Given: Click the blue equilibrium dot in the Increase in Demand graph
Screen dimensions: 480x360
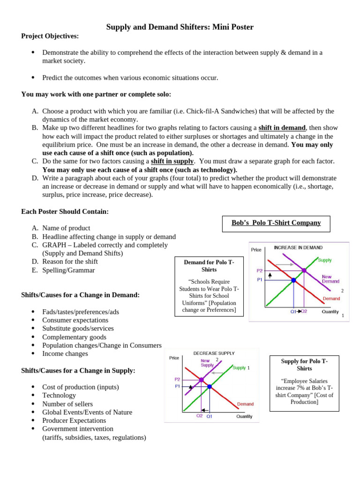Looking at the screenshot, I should point(293,280).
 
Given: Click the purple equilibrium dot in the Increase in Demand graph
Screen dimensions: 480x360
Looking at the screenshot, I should point(304,270).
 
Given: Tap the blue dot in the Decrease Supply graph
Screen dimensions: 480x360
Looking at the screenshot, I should point(210,387).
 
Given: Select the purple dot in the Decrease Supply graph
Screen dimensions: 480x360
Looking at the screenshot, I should point(201,380).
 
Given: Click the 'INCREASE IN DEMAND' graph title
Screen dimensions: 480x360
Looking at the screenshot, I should point(298,247).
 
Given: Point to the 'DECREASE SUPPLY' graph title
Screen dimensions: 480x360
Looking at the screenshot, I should point(214,353).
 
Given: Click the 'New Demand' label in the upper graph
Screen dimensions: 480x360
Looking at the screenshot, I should point(330,279).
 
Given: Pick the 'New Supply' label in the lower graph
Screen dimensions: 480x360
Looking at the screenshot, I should point(207,363).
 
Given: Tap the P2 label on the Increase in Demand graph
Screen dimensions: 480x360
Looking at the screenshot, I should point(260,271).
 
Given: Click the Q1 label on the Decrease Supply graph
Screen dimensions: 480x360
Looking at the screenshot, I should point(210,416).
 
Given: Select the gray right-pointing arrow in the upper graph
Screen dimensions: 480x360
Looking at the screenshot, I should point(284,264).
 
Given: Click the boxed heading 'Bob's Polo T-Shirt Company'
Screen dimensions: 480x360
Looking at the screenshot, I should point(276,223).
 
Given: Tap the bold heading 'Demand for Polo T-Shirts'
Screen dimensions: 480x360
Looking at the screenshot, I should point(209,266).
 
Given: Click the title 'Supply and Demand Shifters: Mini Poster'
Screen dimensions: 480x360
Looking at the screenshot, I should point(180,27).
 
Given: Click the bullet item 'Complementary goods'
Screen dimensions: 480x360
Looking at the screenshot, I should point(74,337).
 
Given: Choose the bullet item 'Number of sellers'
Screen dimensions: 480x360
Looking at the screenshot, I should point(67,404).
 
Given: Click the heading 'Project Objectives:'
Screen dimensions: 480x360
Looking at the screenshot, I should point(50,36).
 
